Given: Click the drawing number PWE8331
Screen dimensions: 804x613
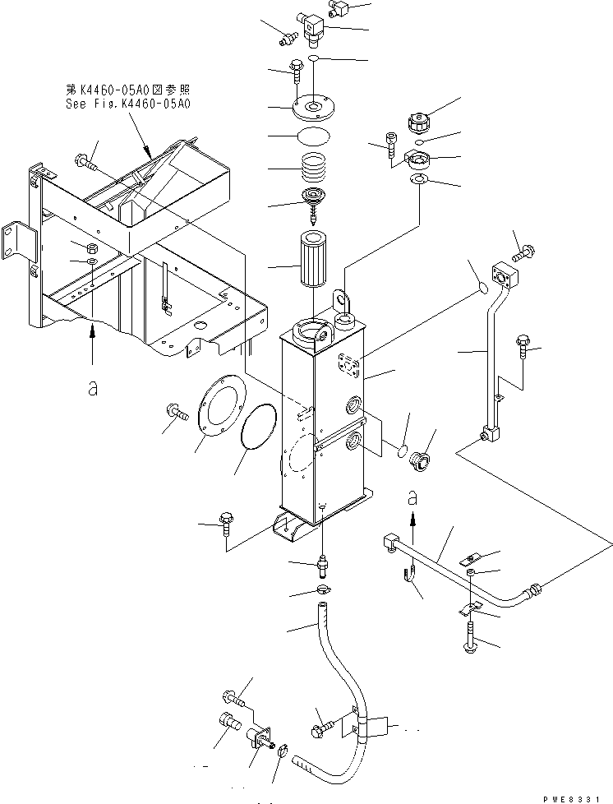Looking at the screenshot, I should click(x=578, y=797).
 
